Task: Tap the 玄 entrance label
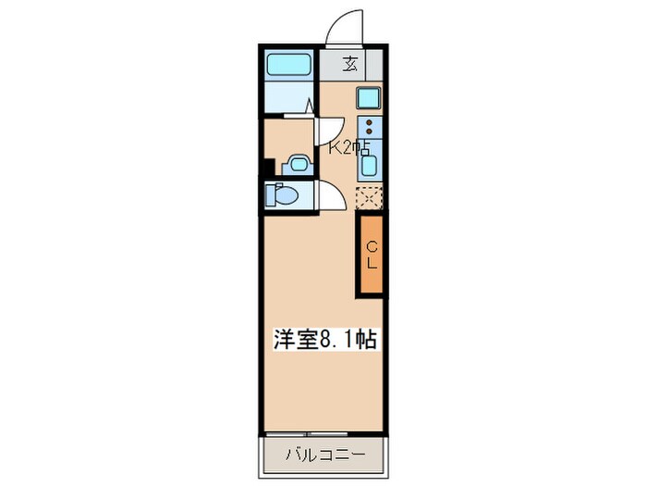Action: point(350,65)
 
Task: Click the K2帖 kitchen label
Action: point(349,147)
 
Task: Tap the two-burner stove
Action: point(370,130)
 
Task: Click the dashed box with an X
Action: point(370,197)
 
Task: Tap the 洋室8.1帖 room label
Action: point(323,341)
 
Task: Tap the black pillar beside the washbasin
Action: point(268,168)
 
